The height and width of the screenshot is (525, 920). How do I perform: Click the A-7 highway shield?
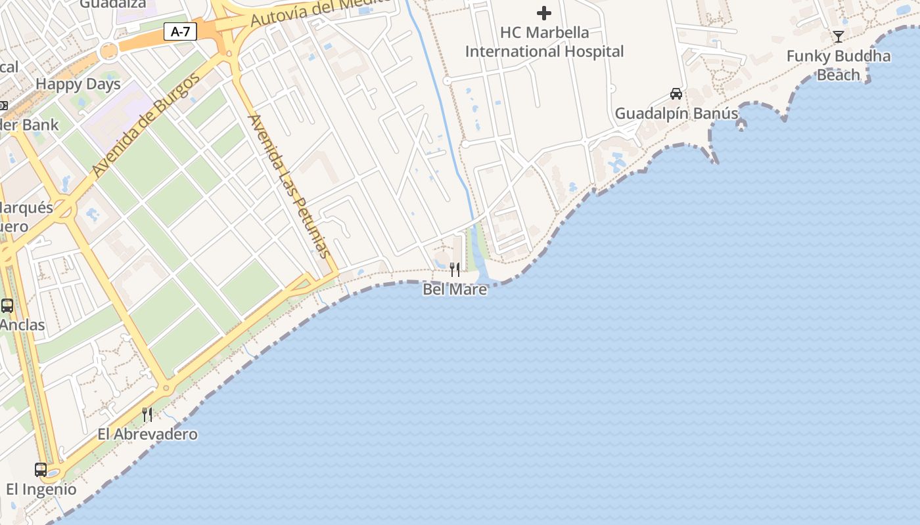tap(180, 31)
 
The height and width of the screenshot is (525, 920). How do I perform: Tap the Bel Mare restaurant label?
tap(455, 289)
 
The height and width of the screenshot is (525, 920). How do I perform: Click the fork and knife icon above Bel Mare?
tap(455, 269)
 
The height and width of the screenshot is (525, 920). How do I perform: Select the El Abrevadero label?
tap(147, 434)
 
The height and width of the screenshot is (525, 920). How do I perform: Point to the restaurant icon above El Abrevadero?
tap(147, 414)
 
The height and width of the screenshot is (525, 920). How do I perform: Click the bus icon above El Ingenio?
tap(41, 469)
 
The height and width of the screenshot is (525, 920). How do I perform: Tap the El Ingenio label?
tap(41, 490)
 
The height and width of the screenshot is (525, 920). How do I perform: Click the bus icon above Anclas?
tap(7, 305)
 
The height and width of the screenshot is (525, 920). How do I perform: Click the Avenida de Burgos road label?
tap(146, 126)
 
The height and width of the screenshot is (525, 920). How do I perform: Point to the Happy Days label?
tap(78, 84)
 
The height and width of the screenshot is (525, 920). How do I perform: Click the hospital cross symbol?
tap(544, 12)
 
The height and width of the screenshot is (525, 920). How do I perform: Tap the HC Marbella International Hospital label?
tap(544, 42)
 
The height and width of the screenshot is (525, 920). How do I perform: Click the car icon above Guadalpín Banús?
tap(676, 93)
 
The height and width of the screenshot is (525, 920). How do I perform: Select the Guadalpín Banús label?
tap(676, 114)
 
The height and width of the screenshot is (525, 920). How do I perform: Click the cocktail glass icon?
tap(839, 36)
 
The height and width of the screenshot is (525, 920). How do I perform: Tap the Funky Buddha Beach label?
tap(839, 65)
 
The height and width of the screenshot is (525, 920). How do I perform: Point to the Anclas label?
tap(22, 325)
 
